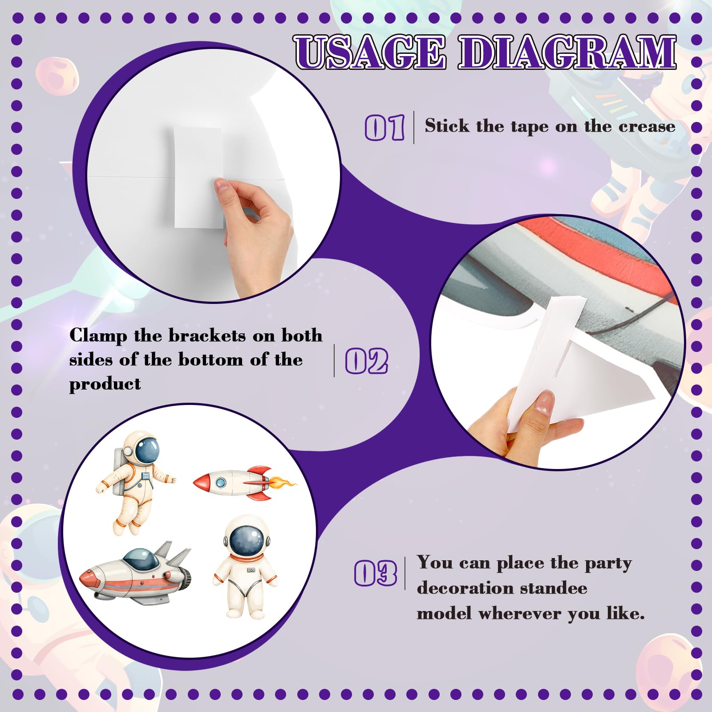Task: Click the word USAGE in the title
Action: point(370,53)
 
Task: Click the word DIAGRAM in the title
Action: point(567,53)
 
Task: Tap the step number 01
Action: point(384,127)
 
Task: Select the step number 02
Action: point(367,361)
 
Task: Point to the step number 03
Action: point(376,573)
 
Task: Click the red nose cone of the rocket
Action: point(202,482)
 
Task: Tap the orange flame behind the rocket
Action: point(282,482)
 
